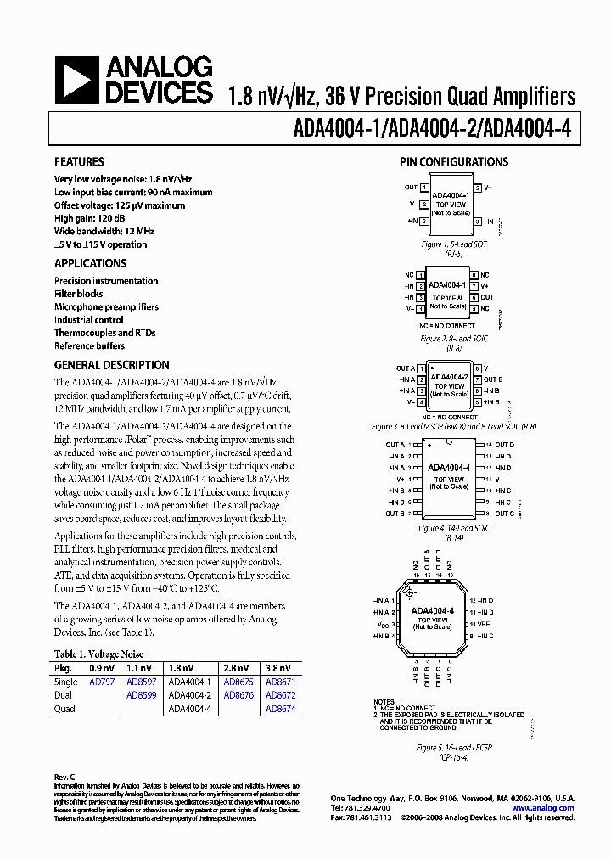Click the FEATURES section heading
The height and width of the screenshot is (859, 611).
pyautogui.click(x=79, y=162)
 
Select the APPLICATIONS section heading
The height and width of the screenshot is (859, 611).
pyautogui.click(x=90, y=263)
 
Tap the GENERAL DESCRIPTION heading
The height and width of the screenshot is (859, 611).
pyautogui.click(x=111, y=365)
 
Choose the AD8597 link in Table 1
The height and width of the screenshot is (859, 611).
pyautogui.click(x=141, y=682)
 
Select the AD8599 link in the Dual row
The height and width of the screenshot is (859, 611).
pyautogui.click(x=141, y=695)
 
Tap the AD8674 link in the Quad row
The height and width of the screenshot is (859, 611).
pyautogui.click(x=281, y=709)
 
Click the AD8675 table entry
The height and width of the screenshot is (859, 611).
pyautogui.click(x=238, y=682)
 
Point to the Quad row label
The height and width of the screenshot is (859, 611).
pyautogui.click(x=64, y=709)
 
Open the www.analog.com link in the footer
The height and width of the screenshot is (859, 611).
pyautogui.click(x=546, y=808)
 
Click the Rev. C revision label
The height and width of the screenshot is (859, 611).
pyautogui.click(x=65, y=777)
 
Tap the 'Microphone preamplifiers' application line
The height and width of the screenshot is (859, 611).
pyautogui.click(x=106, y=306)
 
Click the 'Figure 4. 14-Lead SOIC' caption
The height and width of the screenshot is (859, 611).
pyautogui.click(x=451, y=528)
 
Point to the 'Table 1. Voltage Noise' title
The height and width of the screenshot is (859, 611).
pyautogui.click(x=98, y=654)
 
